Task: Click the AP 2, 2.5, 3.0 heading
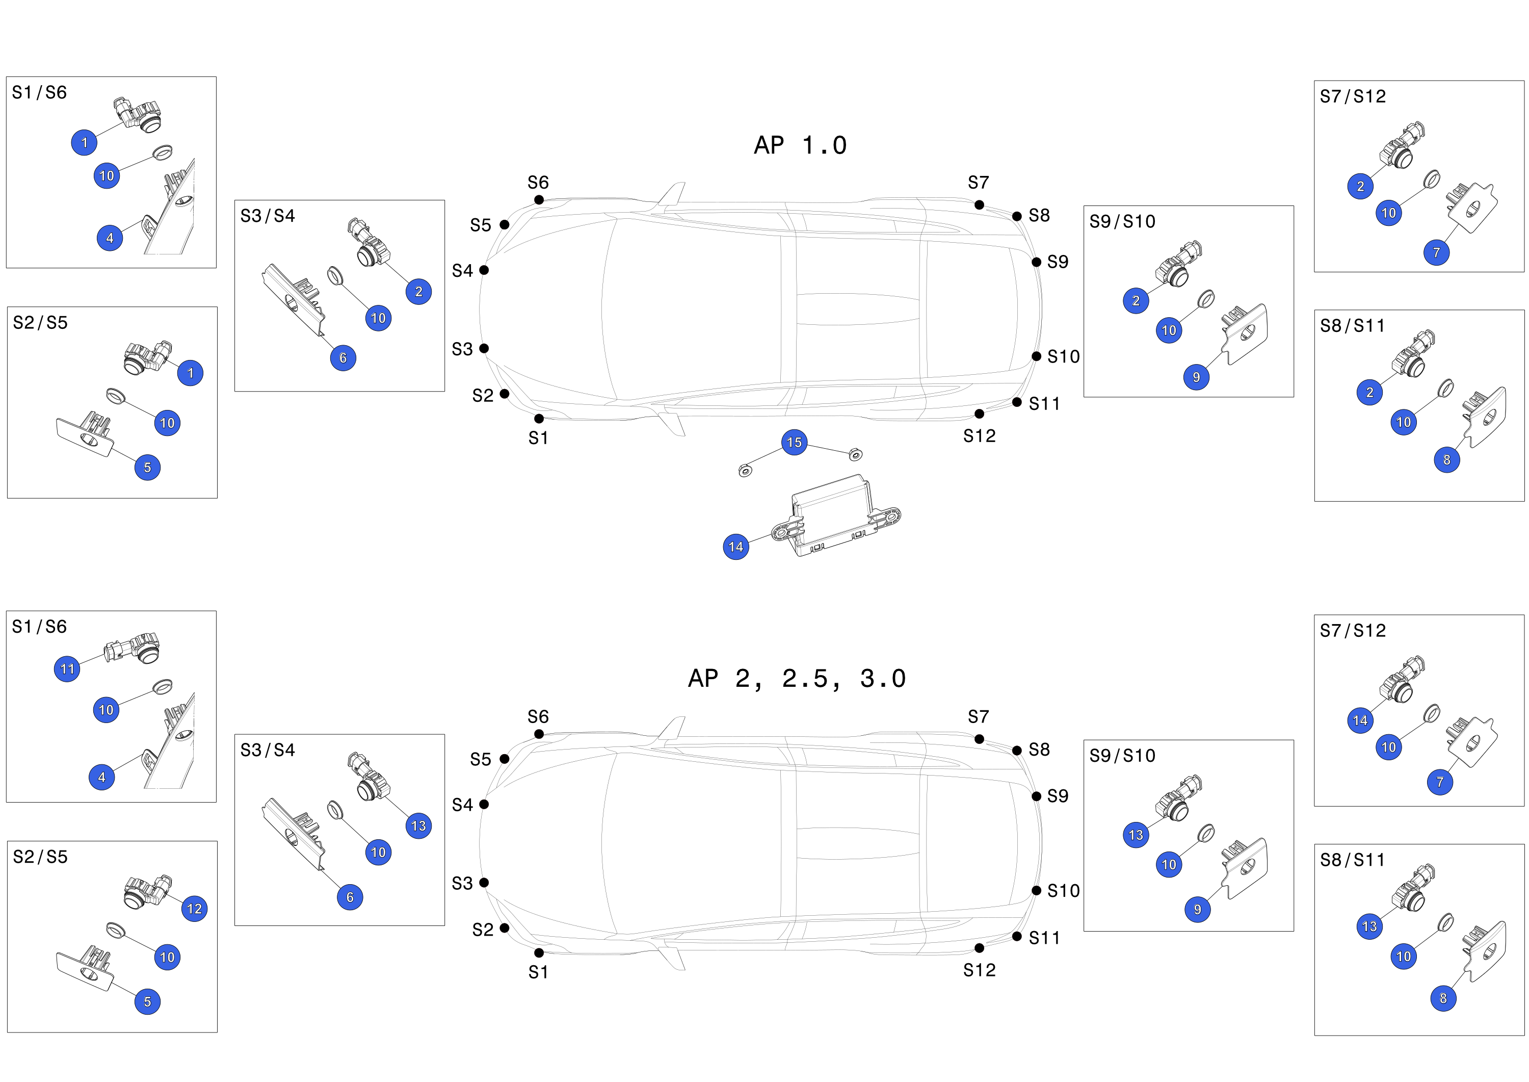(x=797, y=679)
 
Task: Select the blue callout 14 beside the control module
(x=736, y=547)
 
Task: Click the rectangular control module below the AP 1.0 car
(x=836, y=515)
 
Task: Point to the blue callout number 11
(x=67, y=669)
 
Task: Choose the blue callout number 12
(x=195, y=909)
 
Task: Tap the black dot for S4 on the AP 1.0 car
(x=484, y=270)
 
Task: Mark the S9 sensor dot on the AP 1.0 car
(x=1036, y=262)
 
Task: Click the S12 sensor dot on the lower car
(x=979, y=948)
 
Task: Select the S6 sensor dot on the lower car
(x=539, y=734)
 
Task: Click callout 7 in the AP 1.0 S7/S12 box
(x=1436, y=252)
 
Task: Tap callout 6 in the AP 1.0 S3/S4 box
(x=343, y=358)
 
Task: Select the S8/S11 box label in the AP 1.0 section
(x=1353, y=326)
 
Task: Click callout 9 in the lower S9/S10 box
(x=1197, y=910)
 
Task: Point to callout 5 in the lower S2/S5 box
(x=147, y=1001)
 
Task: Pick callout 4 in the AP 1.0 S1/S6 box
(x=110, y=238)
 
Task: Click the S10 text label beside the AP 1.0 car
(x=1064, y=357)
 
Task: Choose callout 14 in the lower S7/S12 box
(x=1360, y=720)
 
